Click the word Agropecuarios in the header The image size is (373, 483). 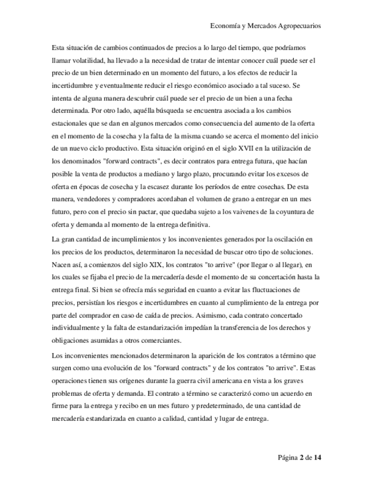click(294, 26)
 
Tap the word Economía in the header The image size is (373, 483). click(227, 26)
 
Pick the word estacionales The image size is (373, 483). click(70, 123)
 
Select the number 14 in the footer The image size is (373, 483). click(318, 457)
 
